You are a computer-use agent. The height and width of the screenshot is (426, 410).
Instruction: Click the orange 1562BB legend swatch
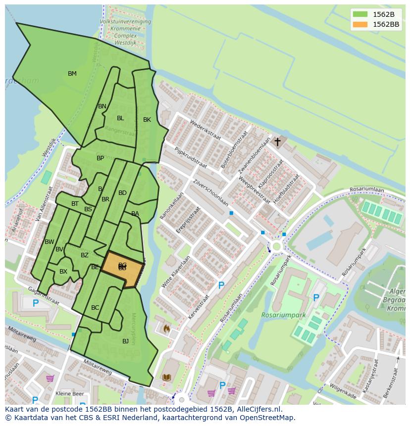coord(360,24)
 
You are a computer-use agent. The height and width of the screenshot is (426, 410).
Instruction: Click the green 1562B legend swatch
coord(360,14)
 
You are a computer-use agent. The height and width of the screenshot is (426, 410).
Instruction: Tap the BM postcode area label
coord(72,74)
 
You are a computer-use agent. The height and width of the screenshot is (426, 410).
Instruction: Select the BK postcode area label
coord(147,120)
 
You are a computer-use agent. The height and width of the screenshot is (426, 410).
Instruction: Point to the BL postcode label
coord(120,118)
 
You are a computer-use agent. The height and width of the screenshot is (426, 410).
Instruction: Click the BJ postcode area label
coord(125,341)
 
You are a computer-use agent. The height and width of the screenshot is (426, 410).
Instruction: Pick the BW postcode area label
coord(50,242)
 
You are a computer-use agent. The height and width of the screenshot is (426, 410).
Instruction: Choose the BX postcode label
coord(63,272)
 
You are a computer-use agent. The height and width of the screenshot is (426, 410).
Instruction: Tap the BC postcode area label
coord(95,308)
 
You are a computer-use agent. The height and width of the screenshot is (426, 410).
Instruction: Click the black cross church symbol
coord(278,142)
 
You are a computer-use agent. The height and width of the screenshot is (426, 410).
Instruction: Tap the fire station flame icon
coord(166,328)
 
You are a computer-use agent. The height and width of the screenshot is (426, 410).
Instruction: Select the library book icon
coord(166,378)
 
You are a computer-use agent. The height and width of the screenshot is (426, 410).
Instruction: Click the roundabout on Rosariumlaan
coord(276,246)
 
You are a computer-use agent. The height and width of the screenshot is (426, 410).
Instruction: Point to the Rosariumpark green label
coord(284,315)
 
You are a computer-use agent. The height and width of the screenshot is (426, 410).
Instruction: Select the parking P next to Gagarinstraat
coord(35,303)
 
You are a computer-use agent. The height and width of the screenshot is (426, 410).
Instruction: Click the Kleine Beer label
coord(70,394)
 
